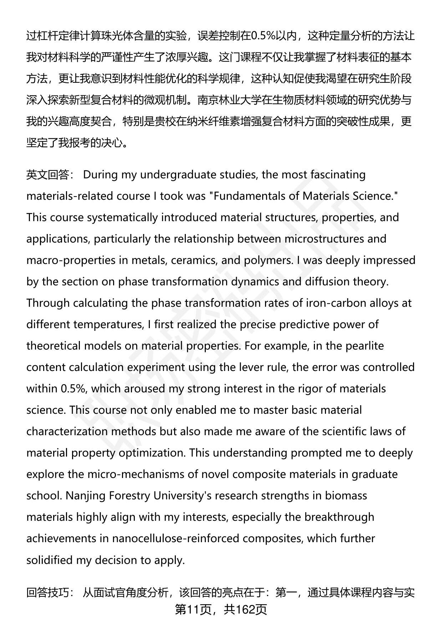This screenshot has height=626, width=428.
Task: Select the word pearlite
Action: (x=363, y=346)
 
